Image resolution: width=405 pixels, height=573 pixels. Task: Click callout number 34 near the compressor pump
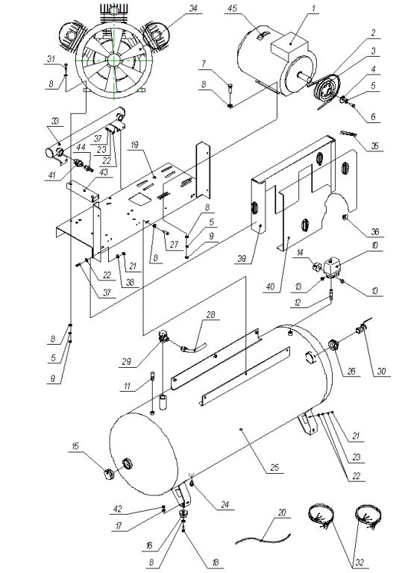193,8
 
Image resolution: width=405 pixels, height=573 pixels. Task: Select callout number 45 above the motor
232,8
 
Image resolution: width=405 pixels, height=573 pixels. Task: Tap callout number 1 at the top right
313,8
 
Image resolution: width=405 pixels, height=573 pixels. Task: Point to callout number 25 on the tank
274,467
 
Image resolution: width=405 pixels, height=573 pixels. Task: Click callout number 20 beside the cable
282,513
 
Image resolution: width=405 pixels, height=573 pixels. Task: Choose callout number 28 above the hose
211,314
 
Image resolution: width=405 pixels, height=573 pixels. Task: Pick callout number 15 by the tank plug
75,446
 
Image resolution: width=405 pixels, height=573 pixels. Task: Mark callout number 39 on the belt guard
242,259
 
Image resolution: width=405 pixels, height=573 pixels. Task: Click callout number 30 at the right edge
381,372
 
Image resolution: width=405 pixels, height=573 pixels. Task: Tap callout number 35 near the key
374,145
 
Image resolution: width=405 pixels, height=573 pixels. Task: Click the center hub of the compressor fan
113,60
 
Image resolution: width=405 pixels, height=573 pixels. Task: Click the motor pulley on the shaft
325,88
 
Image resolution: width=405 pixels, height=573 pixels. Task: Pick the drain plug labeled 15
108,475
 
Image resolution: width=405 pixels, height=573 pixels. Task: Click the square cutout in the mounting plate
139,198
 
